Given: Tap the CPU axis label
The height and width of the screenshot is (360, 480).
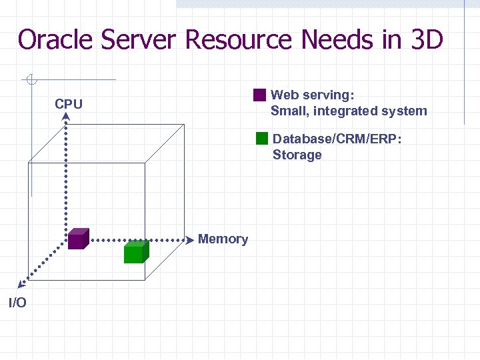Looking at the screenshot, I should [69, 105].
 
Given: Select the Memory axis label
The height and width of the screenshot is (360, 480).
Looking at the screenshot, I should [223, 239].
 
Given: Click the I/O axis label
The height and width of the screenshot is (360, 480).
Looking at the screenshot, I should [17, 303].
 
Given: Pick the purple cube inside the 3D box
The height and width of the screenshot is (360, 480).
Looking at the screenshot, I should [78, 239].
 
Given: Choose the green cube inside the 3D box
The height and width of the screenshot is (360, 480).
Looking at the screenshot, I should [135, 251].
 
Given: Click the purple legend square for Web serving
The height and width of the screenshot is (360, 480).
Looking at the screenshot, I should [259, 95].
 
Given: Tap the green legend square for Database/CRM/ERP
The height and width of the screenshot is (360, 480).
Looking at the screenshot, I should [262, 139].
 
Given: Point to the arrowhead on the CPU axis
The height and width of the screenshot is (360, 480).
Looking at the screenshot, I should [67, 116].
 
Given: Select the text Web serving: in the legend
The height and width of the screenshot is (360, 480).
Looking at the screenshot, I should [312, 95].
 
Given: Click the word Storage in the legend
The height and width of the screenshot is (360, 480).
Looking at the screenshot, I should [297, 155].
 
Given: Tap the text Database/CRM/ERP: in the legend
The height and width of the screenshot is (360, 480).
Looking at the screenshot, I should [337, 139].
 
